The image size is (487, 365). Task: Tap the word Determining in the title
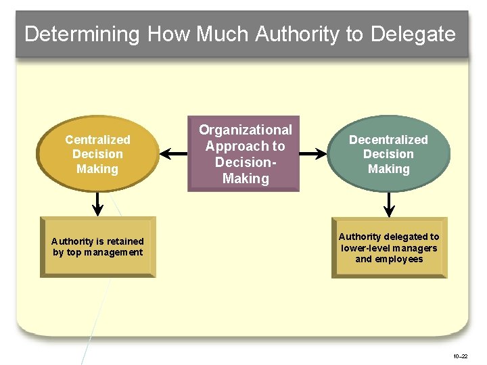[82, 34]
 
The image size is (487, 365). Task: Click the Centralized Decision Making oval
[97, 155]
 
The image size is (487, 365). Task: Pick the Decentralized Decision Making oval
[388, 155]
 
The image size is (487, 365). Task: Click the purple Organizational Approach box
[245, 154]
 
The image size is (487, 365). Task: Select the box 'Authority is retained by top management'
[97, 247]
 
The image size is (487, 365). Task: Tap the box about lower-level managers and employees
[389, 247]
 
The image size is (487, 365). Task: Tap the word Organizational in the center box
[245, 130]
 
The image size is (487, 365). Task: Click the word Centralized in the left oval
[97, 140]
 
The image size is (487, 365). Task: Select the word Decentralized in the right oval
[388, 140]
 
